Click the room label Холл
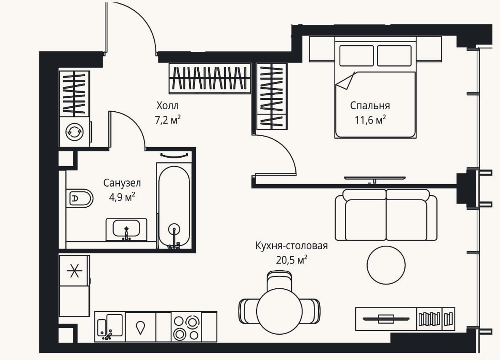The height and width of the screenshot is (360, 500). click(x=167, y=105)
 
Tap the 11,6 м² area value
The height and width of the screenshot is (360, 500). click(x=370, y=120)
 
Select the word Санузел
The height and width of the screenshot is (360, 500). click(x=122, y=183)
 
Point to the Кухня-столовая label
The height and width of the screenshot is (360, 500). click(x=291, y=246)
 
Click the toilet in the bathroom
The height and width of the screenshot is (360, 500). click(x=79, y=198)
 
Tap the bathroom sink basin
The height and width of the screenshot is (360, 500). click(x=126, y=229)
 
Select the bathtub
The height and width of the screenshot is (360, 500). click(x=174, y=206)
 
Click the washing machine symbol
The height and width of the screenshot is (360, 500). click(x=75, y=132)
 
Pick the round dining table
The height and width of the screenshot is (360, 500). click(x=279, y=311)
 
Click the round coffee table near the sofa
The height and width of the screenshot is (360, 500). click(x=386, y=265)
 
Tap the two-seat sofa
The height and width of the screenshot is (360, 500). click(x=386, y=215)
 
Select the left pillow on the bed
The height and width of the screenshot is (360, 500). click(x=356, y=56)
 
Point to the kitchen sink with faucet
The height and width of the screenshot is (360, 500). click(x=110, y=327)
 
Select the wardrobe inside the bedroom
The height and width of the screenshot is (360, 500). click(x=272, y=97)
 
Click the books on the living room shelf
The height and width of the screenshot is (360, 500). click(x=435, y=319)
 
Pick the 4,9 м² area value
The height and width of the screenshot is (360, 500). click(x=122, y=197)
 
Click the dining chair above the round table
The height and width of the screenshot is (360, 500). click(x=279, y=280)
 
